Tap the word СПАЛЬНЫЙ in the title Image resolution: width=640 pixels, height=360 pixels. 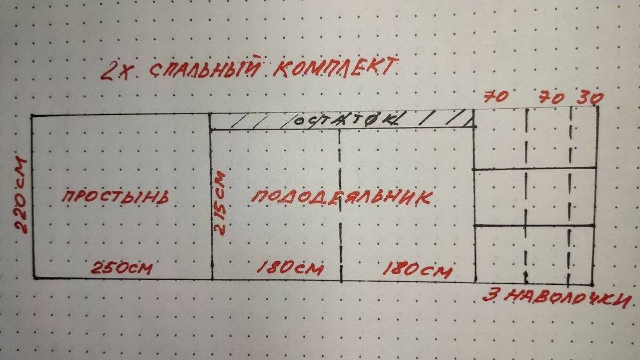(x=205, y=68)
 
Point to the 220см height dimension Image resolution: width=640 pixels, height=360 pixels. (x=21, y=195)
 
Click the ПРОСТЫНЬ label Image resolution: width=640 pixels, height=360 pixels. (x=116, y=197)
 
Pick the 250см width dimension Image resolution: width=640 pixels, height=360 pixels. (x=122, y=268)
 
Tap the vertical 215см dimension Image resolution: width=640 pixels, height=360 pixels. (x=220, y=203)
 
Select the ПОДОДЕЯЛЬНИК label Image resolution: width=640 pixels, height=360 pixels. (x=342, y=198)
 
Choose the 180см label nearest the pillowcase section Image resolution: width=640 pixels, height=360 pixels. (x=418, y=270)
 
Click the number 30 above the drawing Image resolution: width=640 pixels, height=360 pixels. (x=590, y=98)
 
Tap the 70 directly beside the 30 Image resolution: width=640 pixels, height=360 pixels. (x=551, y=98)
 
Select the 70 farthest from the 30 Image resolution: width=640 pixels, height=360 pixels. (x=495, y=97)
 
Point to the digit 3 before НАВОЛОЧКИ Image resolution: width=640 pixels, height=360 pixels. (x=490, y=295)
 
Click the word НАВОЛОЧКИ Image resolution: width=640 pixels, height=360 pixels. (x=568, y=297)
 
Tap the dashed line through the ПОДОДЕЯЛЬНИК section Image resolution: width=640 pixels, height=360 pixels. (x=340, y=206)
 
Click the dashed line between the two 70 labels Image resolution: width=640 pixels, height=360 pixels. (x=526, y=196)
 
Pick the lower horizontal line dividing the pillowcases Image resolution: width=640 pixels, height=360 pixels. (x=534, y=226)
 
